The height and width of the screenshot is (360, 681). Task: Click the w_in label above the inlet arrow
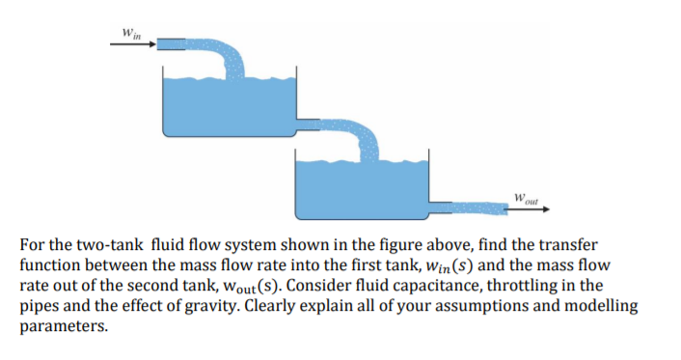(x=128, y=33)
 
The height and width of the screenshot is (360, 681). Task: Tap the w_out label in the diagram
(x=525, y=201)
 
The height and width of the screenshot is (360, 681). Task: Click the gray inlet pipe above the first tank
(x=172, y=44)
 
